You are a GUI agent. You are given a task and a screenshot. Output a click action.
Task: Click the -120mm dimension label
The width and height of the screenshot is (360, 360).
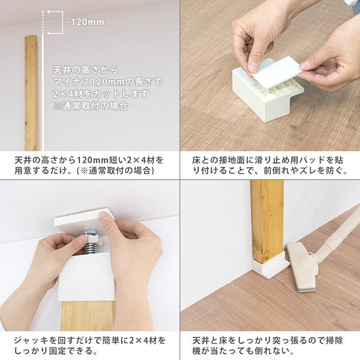click(86, 22)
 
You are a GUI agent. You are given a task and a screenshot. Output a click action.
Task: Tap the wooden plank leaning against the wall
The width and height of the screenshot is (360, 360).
click(31, 93)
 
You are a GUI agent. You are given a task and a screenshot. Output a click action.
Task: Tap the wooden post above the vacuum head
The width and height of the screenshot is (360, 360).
click(267, 222)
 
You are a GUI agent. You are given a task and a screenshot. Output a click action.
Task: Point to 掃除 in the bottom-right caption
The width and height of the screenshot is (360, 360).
click(334, 340)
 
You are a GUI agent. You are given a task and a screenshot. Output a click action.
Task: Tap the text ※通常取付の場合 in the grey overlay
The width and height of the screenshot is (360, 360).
click(91, 106)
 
